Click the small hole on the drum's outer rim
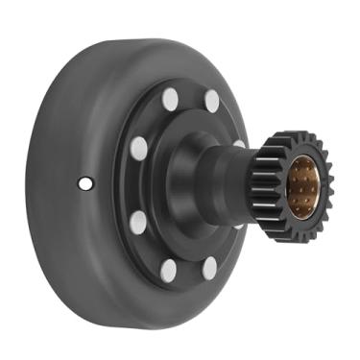(85, 182)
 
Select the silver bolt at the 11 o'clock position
(170, 98)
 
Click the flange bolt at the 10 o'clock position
(139, 147)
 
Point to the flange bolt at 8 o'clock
(138, 222)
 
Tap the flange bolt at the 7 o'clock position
(169, 271)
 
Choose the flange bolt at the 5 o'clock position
(209, 268)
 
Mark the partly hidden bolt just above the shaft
(239, 144)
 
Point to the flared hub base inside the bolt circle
(182, 182)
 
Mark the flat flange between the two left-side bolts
(134, 184)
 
